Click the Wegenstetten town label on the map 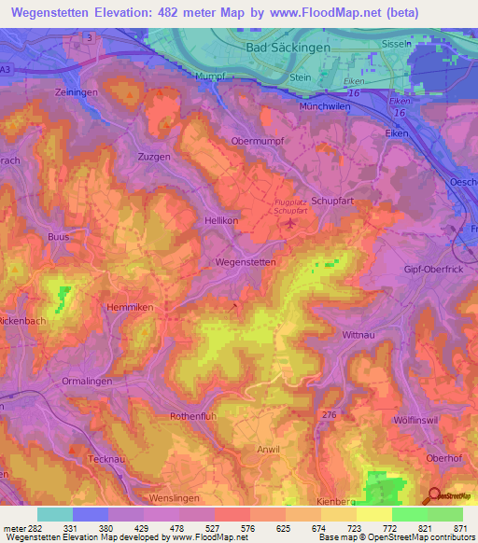point(246,263)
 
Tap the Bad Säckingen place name point(281,46)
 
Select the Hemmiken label point(132,306)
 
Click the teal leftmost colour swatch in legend point(54,514)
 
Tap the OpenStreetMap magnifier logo point(435,496)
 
